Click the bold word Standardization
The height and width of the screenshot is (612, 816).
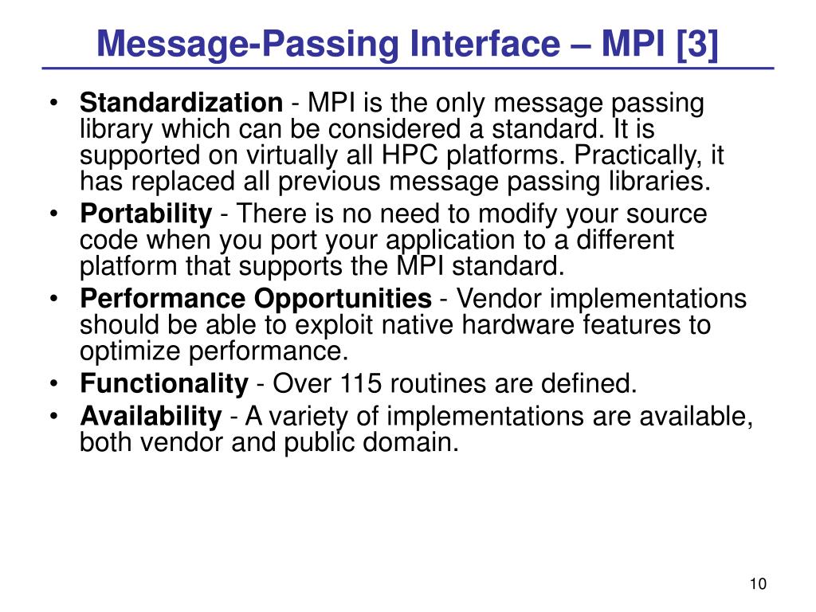[181, 104]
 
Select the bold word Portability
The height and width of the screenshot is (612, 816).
[146, 214]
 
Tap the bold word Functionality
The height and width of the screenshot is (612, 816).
[164, 384]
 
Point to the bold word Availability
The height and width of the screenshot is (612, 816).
[151, 416]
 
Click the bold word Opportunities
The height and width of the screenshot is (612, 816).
[343, 300]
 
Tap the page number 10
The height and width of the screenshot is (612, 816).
[758, 584]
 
